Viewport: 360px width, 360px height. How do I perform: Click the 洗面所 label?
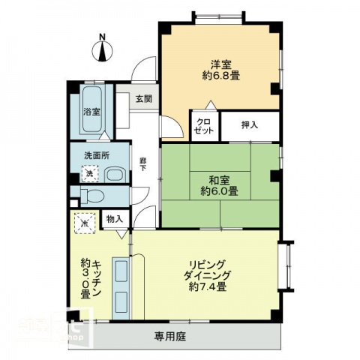(97, 156)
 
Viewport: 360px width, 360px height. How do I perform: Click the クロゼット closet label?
(203, 126)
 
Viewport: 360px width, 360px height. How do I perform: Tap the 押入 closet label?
(249, 124)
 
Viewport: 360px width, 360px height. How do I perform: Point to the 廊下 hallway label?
(142, 163)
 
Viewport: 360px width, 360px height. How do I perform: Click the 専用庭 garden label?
(171, 336)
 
